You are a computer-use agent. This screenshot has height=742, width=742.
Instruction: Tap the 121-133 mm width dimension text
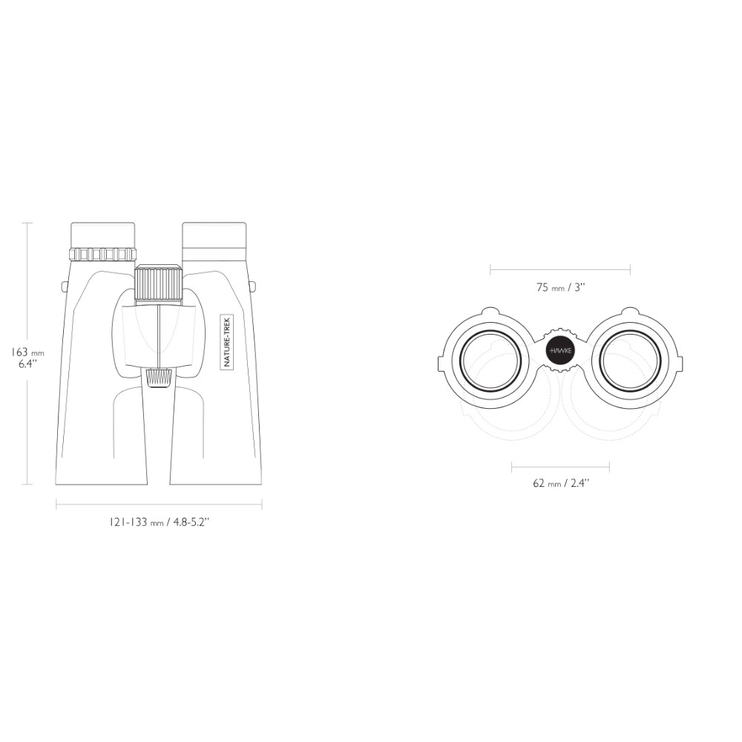pyautogui.click(x=159, y=522)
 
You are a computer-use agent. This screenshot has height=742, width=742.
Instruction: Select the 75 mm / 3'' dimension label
pyautogui.click(x=561, y=287)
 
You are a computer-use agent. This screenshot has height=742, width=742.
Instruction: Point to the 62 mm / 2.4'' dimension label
pyautogui.click(x=561, y=483)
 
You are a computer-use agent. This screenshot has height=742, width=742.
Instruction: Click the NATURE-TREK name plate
pyautogui.click(x=227, y=341)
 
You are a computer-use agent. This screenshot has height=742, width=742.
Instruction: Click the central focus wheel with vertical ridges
pyautogui.click(x=159, y=284)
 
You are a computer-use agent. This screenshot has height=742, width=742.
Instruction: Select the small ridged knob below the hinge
pyautogui.click(x=159, y=378)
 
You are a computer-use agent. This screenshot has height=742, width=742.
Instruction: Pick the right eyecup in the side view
pyautogui.click(x=215, y=241)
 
